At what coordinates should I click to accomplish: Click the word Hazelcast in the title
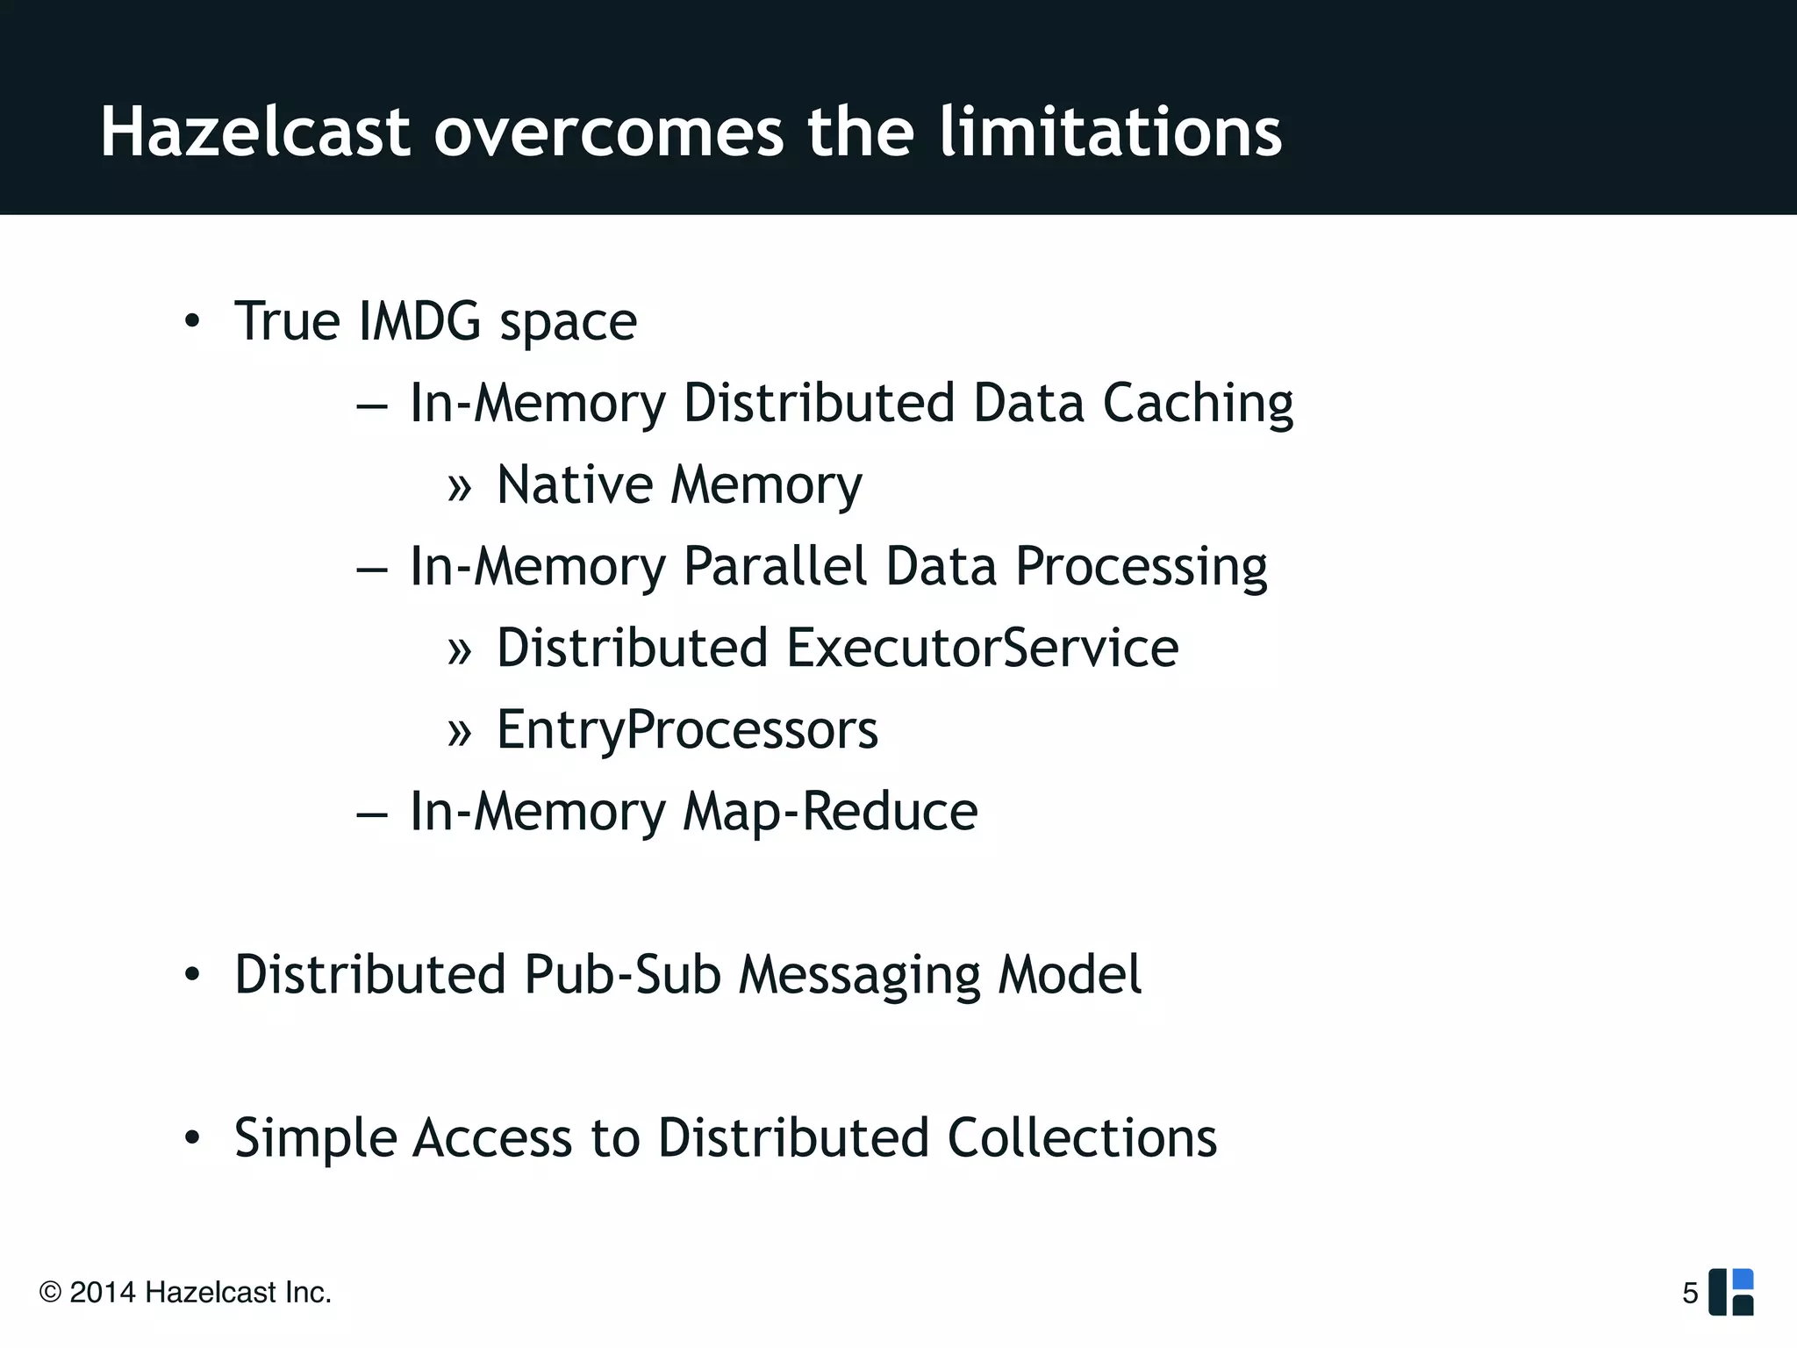(255, 133)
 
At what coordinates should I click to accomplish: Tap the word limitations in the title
(1110, 133)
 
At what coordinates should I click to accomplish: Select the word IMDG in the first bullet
(419, 321)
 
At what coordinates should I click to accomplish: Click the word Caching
(1198, 404)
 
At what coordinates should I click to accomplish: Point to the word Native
(575, 484)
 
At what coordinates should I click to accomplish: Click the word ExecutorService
(982, 648)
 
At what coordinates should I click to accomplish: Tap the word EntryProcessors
(687, 730)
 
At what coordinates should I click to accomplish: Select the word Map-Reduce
(830, 811)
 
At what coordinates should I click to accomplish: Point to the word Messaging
(858, 976)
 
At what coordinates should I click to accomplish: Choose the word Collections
(1082, 1138)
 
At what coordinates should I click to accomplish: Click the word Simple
(315, 1139)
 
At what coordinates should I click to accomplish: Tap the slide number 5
(1690, 1293)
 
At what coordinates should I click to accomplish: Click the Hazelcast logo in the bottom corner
(1731, 1292)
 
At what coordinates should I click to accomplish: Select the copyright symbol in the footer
(50, 1293)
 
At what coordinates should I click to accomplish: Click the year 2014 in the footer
(103, 1293)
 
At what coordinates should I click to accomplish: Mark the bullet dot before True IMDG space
(192, 322)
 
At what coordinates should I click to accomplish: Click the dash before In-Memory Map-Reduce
(372, 814)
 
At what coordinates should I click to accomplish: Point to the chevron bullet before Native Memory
(459, 488)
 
